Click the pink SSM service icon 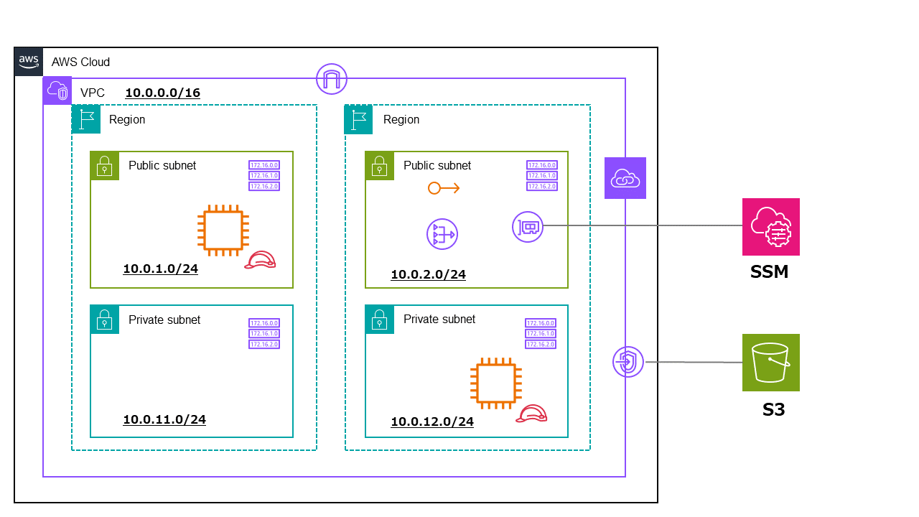click(770, 227)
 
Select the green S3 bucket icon click(770, 363)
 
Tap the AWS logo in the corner click(29, 61)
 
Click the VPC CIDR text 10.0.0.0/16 click(162, 93)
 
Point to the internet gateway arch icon click(332, 79)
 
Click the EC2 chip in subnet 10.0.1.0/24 click(223, 230)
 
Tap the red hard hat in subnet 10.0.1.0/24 click(260, 261)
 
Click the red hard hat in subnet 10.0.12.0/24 click(532, 414)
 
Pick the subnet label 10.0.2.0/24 click(428, 274)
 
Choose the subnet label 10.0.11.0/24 click(164, 419)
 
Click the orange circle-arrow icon click(443, 188)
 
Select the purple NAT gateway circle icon click(442, 235)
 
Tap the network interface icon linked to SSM click(528, 227)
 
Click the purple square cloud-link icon click(625, 178)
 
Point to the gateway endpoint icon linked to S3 click(628, 362)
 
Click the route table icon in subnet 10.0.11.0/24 click(263, 334)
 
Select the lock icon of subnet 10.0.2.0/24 click(379, 166)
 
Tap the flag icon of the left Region click(86, 119)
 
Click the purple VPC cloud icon click(57, 90)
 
